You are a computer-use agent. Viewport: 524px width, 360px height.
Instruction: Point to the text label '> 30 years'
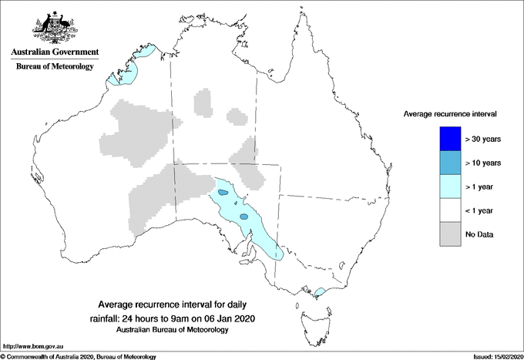[x=484, y=139]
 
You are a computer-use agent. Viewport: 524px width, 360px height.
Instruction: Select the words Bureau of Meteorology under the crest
[x=55, y=67]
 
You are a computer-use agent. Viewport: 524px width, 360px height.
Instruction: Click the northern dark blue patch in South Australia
[x=223, y=192]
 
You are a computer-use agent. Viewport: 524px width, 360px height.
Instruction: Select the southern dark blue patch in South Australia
[x=244, y=217]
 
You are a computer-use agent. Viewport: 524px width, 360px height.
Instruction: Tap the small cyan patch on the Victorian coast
[x=318, y=292]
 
